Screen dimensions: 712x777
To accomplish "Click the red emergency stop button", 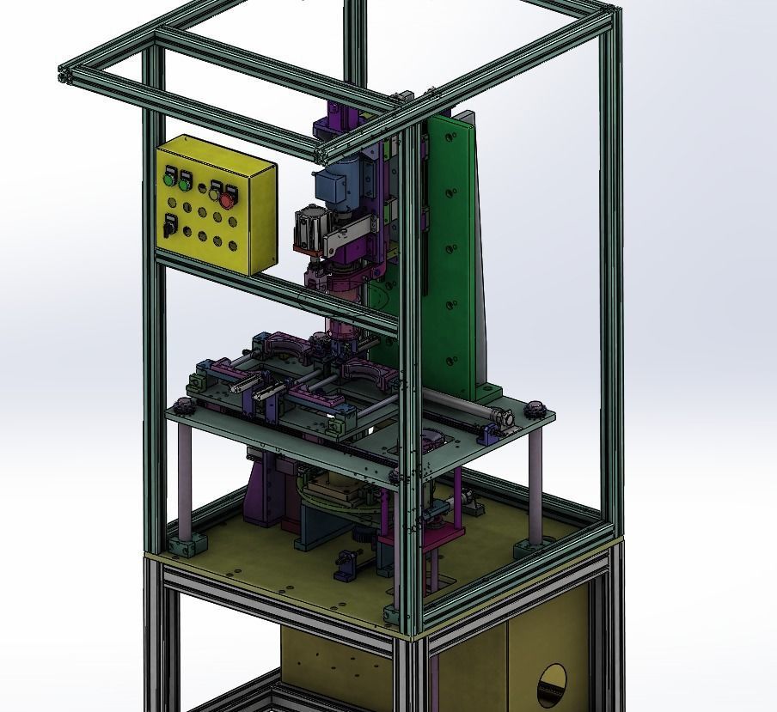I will pyautogui.click(x=228, y=200).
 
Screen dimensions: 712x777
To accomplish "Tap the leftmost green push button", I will pyautogui.click(x=169, y=180).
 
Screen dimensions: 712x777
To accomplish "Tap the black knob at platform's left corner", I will pyautogui.click(x=181, y=405).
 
